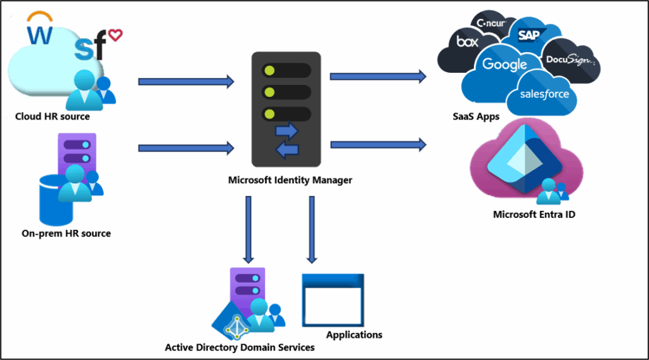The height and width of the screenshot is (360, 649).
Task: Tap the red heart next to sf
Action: (115, 35)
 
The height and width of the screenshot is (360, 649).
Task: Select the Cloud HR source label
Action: (53, 117)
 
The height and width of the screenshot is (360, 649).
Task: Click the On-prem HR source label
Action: (66, 233)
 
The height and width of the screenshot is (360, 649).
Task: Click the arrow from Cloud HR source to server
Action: (186, 81)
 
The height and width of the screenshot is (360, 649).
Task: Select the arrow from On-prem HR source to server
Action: (186, 148)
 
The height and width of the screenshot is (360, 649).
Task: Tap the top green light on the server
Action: (269, 69)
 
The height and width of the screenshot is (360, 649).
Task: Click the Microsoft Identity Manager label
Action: (290, 181)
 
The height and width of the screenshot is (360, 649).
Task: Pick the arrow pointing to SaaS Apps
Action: (378, 77)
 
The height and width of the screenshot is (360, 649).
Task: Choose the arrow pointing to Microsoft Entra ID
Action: (378, 145)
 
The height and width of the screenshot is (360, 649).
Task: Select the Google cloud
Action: (504, 64)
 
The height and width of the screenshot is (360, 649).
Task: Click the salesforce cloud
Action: (544, 94)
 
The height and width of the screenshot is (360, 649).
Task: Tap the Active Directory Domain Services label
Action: (240, 347)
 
